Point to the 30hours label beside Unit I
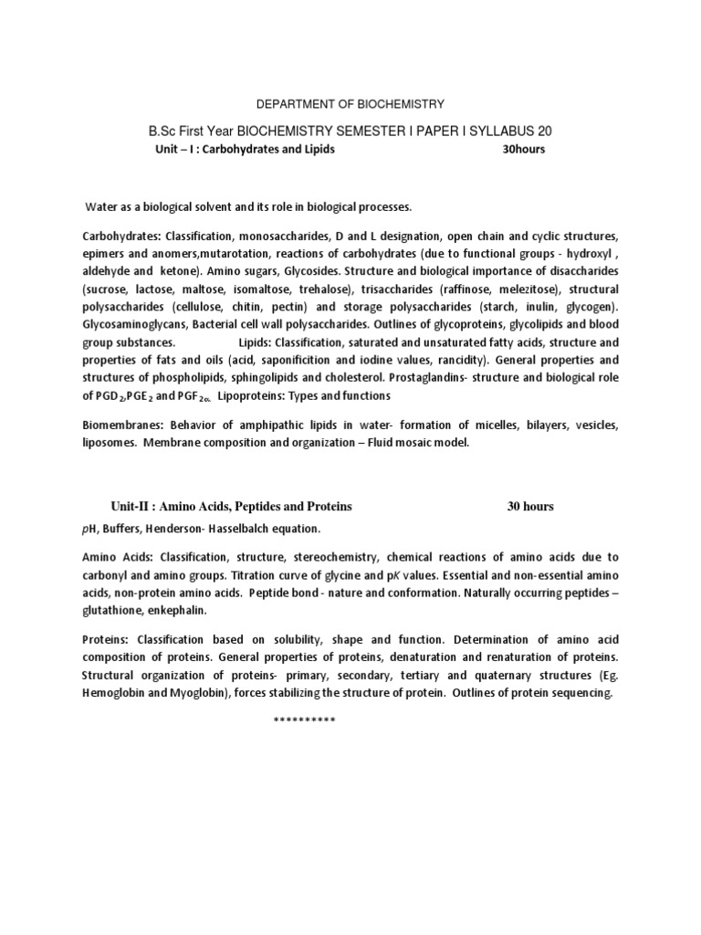coord(524,150)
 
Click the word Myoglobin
coord(206,694)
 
